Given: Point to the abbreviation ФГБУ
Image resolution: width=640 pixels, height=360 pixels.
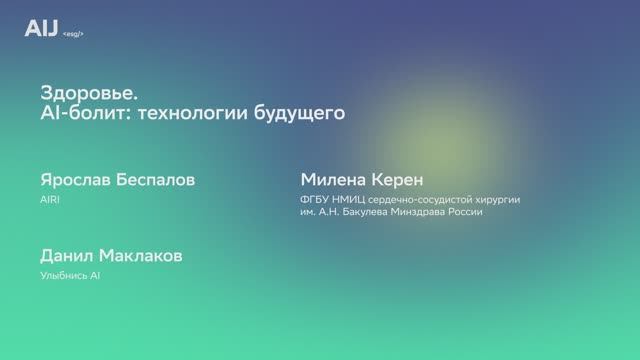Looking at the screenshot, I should click(x=315, y=199).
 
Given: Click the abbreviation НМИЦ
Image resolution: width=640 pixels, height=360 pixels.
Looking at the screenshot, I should click(x=353, y=199).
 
